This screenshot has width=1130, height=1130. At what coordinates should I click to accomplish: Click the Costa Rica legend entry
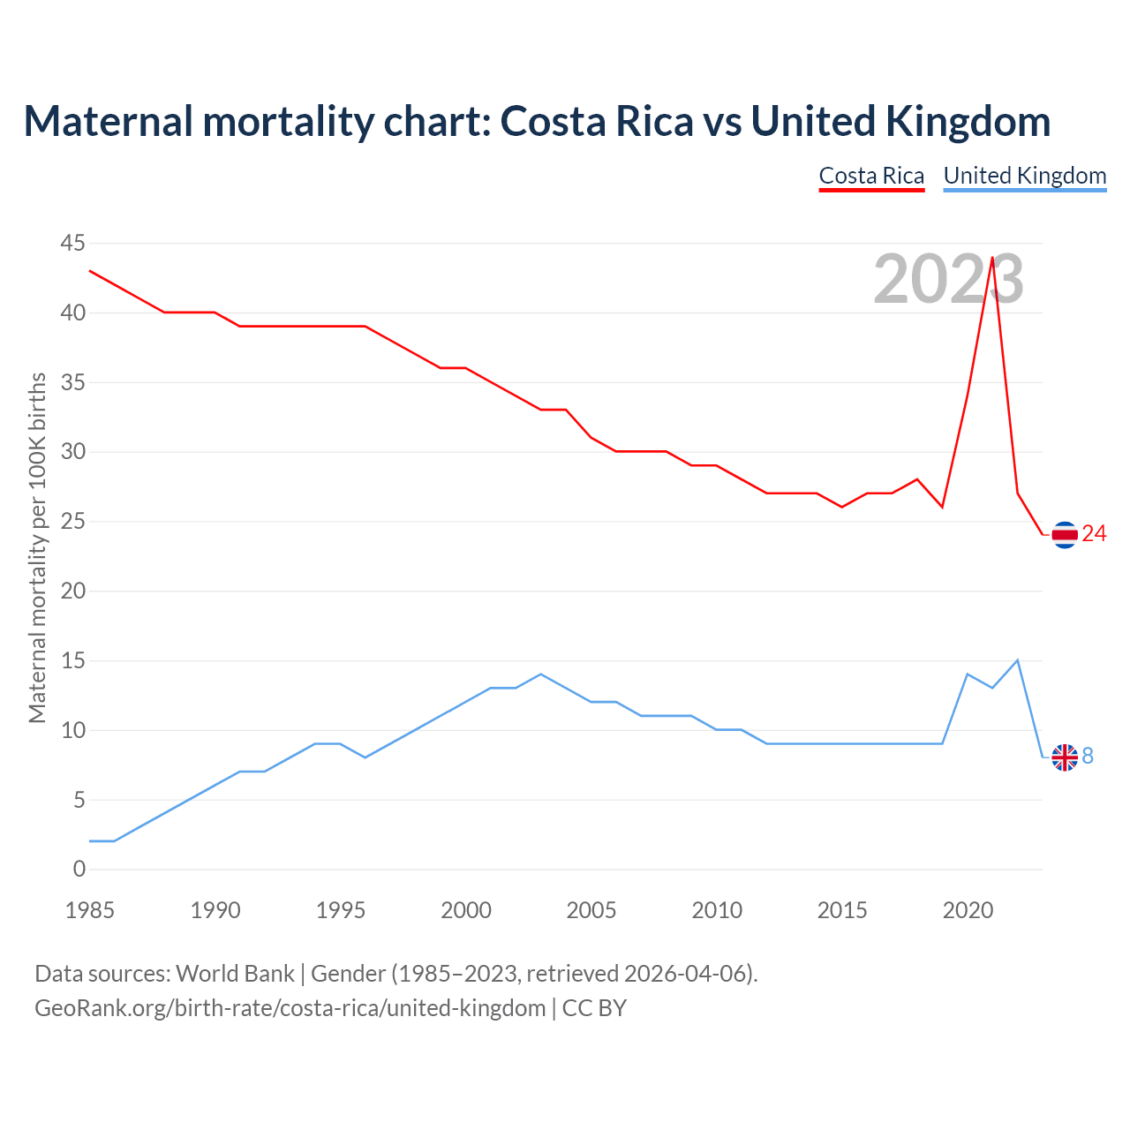pos(871,176)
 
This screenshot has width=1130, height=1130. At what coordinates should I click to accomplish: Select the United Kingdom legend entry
pos(1024,176)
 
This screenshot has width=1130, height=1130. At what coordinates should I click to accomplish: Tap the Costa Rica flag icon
pos(1065,534)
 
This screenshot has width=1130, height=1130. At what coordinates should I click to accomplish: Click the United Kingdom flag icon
pos(1065,757)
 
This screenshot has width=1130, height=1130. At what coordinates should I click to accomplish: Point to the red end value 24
pos(1094,533)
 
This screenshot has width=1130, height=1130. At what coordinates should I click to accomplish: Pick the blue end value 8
pos(1088,756)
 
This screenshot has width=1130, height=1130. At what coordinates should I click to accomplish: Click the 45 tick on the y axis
pos(73,243)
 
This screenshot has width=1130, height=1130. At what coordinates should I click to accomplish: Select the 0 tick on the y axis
pos(79,869)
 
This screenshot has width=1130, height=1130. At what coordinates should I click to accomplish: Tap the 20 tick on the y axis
pos(73,591)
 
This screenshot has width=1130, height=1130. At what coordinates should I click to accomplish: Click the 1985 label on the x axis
pos(90,910)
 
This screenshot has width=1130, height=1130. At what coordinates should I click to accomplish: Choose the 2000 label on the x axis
pos(466,910)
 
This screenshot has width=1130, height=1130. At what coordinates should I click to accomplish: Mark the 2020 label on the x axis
pos(968,910)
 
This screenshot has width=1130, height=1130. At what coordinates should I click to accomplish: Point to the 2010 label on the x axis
pos(717,910)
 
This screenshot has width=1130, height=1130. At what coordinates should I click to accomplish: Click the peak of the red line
pos(992,258)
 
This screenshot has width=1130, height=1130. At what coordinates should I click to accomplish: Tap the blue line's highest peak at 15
pos(1018,660)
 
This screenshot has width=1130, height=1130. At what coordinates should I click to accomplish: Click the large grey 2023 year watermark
pos(948,279)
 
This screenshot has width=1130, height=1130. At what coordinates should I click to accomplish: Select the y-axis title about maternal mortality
pos(37,547)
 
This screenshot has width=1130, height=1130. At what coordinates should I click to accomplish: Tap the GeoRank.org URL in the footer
pos(290,1007)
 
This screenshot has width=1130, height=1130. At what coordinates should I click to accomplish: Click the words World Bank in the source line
pos(235,973)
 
